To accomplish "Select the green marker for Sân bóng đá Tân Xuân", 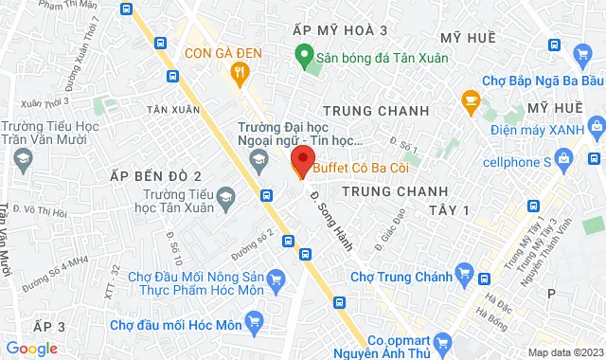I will (x=305, y=56).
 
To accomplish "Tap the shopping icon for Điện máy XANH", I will (x=597, y=125).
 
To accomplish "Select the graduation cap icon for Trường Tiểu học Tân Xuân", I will (x=226, y=197).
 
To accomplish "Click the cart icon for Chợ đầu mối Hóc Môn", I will (x=253, y=324).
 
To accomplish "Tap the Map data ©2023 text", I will (x=563, y=352).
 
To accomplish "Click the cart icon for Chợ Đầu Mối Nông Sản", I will (x=276, y=279).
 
